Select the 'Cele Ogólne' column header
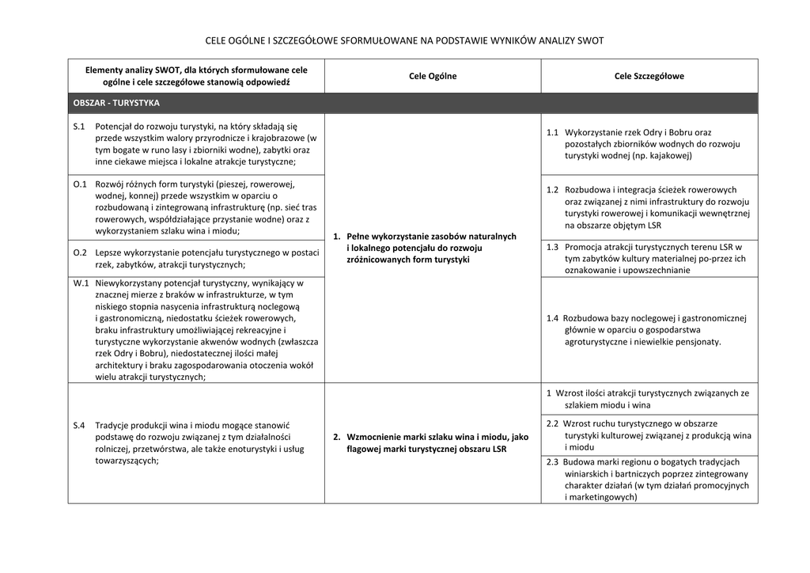(433, 76)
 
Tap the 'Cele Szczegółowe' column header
(649, 76)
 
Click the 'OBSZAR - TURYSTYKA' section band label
(116, 103)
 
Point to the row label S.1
(79, 126)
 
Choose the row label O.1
(80, 184)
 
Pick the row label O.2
(80, 252)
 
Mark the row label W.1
(81, 282)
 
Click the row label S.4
(79, 425)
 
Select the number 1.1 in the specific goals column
(552, 132)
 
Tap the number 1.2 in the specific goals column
(552, 189)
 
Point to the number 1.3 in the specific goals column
(552, 246)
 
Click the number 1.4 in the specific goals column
(552, 318)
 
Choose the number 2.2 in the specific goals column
(552, 423)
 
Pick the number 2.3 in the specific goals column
(552, 461)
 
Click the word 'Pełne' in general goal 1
(360, 236)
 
